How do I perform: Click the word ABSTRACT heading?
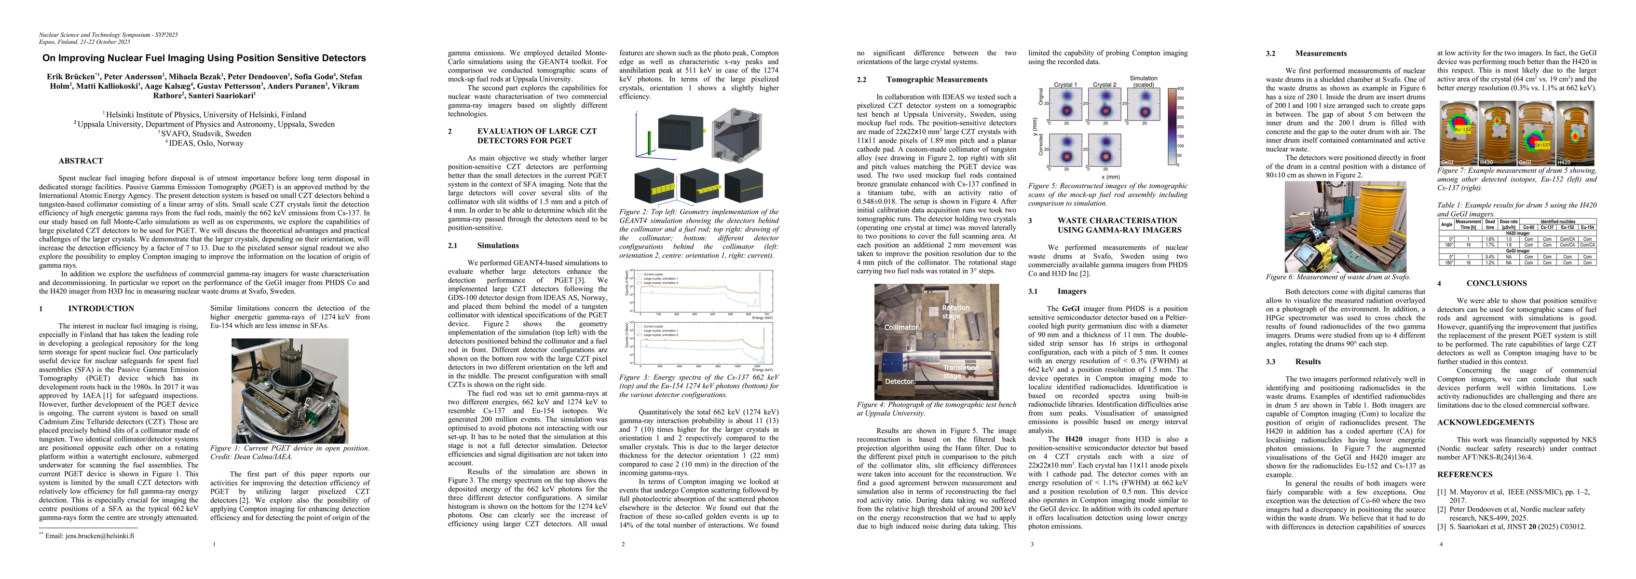[x=81, y=161]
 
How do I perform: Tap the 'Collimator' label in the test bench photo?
[x=900, y=327]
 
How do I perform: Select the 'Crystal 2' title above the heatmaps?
[x=1104, y=84]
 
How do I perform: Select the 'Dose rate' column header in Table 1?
[x=1504, y=224]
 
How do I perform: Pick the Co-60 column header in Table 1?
[x=1524, y=227]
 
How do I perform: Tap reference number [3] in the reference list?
[x=1442, y=527]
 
